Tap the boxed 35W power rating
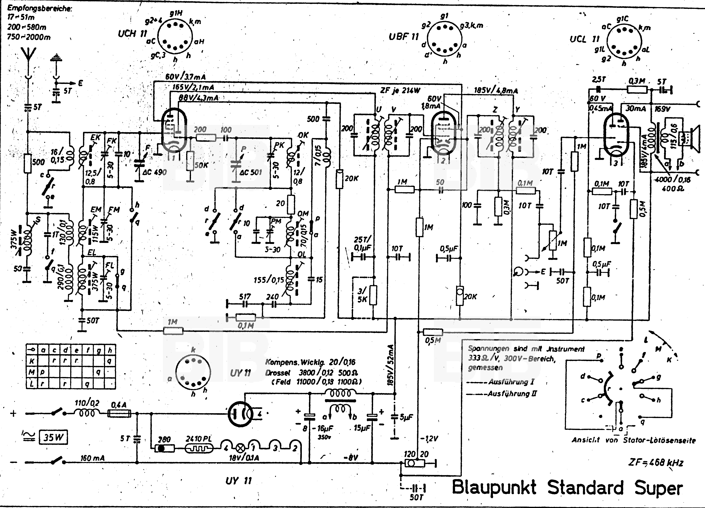[x=53, y=438]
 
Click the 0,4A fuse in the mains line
[x=119, y=414]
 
